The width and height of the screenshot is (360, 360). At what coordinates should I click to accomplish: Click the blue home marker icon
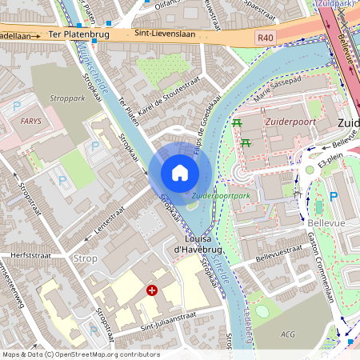click(x=180, y=172)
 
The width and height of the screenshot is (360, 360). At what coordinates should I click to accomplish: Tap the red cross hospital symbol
click(x=151, y=291)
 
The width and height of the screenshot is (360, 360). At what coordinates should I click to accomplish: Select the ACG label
click(x=286, y=333)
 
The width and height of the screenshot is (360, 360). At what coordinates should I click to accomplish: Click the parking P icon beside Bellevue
click(x=334, y=196)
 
